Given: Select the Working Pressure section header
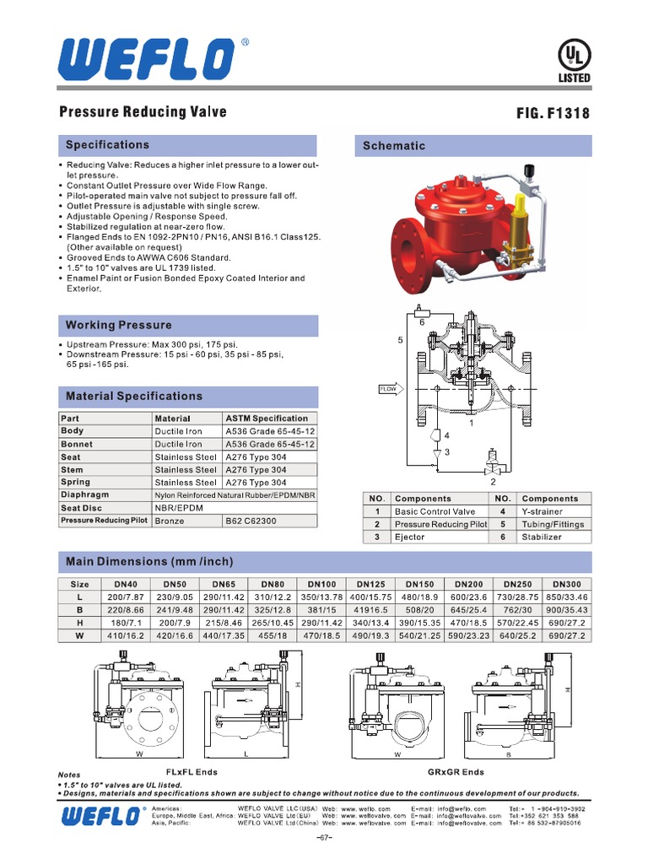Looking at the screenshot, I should (119, 325).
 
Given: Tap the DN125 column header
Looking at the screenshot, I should (370, 583).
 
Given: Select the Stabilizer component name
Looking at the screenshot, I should (541, 537).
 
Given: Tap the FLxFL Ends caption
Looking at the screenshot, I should (192, 772).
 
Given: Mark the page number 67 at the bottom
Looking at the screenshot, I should (324, 838).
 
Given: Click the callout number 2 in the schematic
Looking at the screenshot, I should (492, 482).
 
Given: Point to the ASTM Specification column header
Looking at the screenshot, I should (267, 418).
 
